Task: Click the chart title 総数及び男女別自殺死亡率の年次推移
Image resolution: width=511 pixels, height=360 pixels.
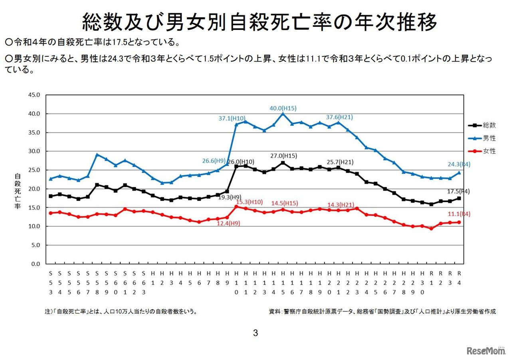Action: click(259, 22)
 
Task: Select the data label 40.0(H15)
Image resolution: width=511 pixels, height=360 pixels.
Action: click(283, 108)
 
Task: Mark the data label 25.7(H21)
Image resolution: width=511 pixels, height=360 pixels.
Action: click(340, 162)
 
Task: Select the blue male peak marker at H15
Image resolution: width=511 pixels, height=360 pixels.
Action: click(283, 114)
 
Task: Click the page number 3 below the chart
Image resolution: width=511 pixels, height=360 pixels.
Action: click(255, 333)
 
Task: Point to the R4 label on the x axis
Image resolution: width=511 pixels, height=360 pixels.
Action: click(459, 278)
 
